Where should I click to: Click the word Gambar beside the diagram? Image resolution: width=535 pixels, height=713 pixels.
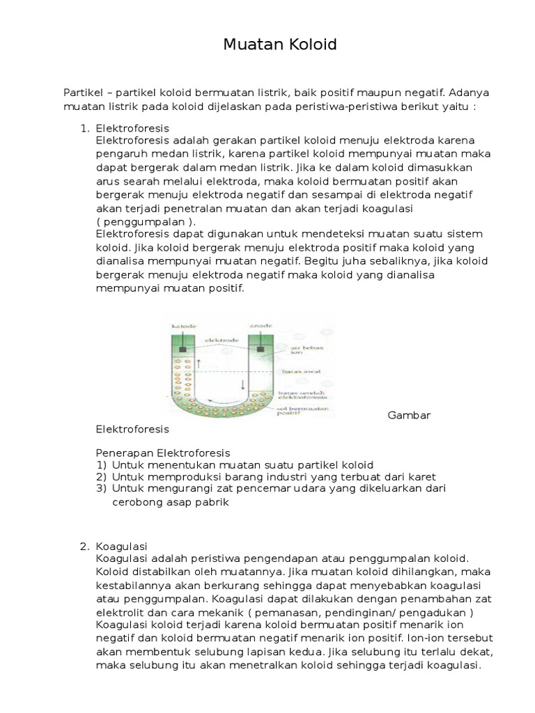[409, 415]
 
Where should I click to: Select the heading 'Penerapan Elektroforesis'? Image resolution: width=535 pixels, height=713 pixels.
[162, 453]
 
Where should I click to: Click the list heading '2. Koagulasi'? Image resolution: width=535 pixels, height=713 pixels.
[119, 546]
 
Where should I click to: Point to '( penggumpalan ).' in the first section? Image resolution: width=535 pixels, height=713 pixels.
[146, 220]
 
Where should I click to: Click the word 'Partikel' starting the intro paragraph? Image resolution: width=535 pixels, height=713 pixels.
[83, 92]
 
